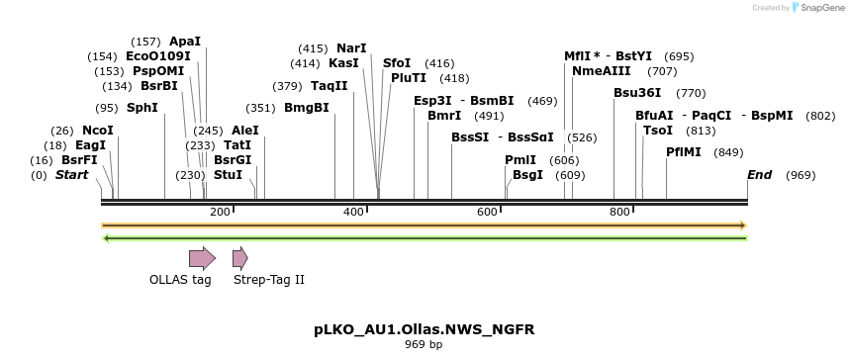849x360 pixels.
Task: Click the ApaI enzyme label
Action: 185,42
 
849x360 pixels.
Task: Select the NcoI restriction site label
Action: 98,131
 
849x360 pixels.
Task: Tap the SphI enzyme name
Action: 141,108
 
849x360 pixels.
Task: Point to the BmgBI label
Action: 307,108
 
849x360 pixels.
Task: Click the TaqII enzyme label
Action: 330,86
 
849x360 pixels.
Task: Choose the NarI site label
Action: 351,48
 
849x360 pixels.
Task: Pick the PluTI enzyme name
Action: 409,78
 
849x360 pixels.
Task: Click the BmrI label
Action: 444,116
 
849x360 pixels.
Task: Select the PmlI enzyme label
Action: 520,160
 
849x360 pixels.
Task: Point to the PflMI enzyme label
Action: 684,152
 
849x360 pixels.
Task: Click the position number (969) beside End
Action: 801,175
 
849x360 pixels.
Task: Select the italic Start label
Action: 72,175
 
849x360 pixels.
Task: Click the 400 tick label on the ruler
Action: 353,213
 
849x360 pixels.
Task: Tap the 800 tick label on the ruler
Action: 620,213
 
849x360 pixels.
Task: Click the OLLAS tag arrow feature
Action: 202,259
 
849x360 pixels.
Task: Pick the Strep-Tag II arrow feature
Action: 239,259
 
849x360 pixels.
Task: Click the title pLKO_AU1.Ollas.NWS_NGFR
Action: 424,328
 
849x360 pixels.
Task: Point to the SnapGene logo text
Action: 822,8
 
